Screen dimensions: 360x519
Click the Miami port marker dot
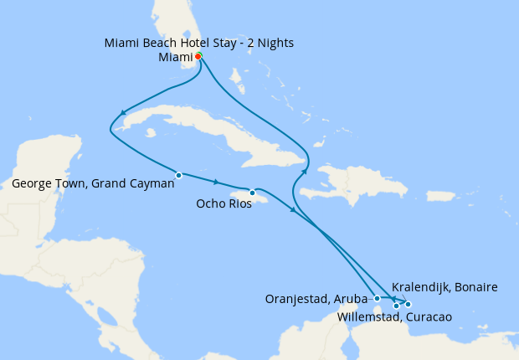coord(198,56)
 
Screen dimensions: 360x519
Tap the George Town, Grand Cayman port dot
coord(179,175)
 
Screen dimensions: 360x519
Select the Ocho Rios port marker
coord(252,193)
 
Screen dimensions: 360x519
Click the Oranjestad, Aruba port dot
coord(378,298)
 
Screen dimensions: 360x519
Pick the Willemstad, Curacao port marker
coord(396,306)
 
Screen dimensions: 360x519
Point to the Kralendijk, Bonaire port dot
coord(408,303)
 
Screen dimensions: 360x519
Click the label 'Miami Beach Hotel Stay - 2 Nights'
coord(199,43)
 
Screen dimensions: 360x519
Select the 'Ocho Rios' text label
coord(224,203)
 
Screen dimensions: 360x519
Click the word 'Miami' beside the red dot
coord(175,57)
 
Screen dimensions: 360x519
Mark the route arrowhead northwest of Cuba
coord(123,113)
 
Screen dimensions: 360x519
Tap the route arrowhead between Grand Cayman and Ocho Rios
coord(216,183)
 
